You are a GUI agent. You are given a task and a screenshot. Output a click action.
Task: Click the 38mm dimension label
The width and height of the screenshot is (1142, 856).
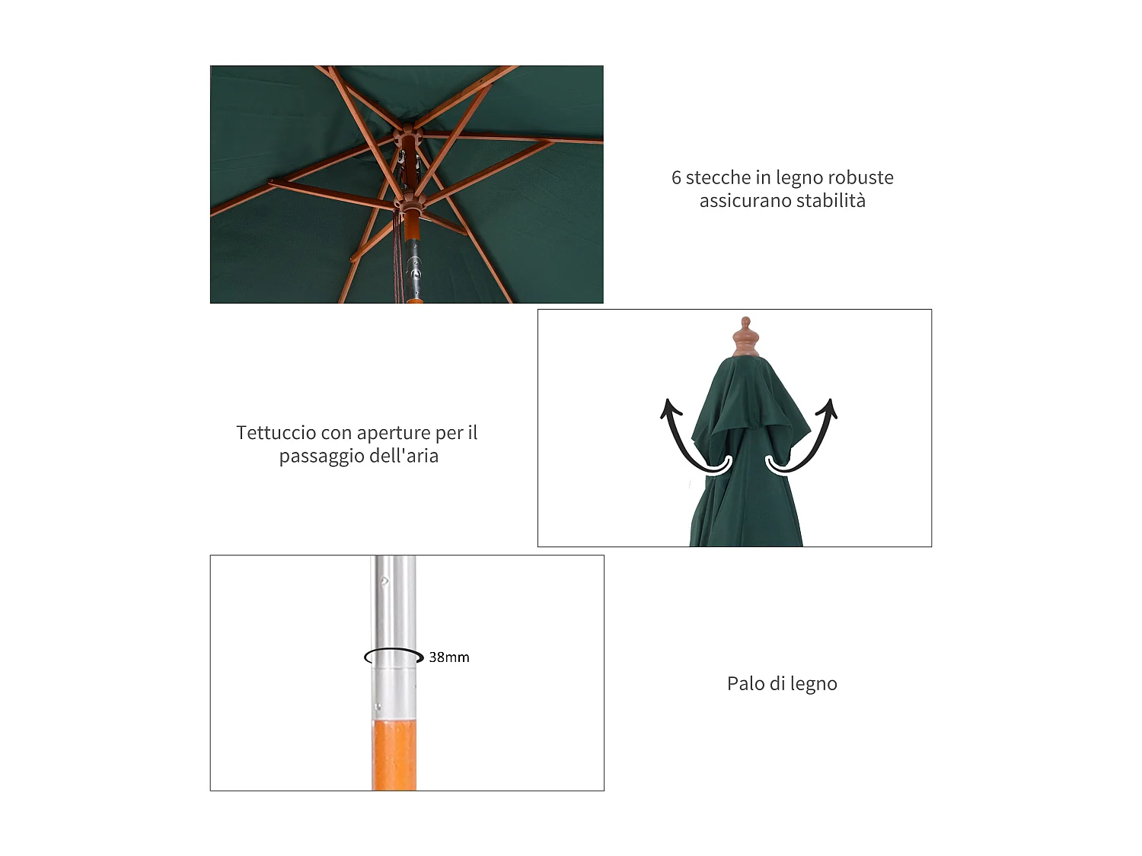448,657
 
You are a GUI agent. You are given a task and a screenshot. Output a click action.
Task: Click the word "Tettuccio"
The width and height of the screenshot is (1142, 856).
276,433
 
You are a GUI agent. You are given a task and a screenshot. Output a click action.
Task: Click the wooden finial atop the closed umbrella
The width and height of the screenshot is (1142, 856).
746,338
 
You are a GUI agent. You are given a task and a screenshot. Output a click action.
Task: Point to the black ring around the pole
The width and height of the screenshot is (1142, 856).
394,657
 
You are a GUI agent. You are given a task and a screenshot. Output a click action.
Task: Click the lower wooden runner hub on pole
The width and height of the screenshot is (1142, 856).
410,205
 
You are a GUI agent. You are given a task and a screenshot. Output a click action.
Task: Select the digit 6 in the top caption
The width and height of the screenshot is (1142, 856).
676,178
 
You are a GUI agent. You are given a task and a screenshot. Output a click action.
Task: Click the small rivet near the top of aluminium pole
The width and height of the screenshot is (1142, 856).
384,581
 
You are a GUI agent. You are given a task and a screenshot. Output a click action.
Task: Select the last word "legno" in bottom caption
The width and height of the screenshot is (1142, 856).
814,684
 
